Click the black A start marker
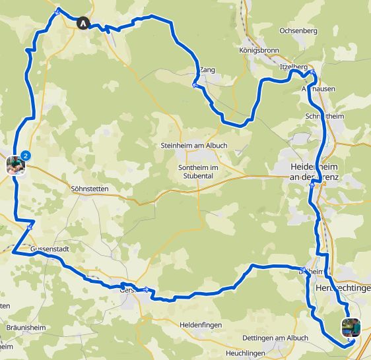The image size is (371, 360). click(83, 22)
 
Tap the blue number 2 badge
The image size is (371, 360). click(25, 156)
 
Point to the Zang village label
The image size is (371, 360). click(207, 68)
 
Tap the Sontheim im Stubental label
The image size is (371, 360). click(198, 171)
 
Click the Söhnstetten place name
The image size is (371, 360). click(88, 189)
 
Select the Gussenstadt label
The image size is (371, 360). click(50, 250)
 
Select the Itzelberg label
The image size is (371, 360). click(293, 67)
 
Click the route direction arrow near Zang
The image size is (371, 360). click(195, 85)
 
